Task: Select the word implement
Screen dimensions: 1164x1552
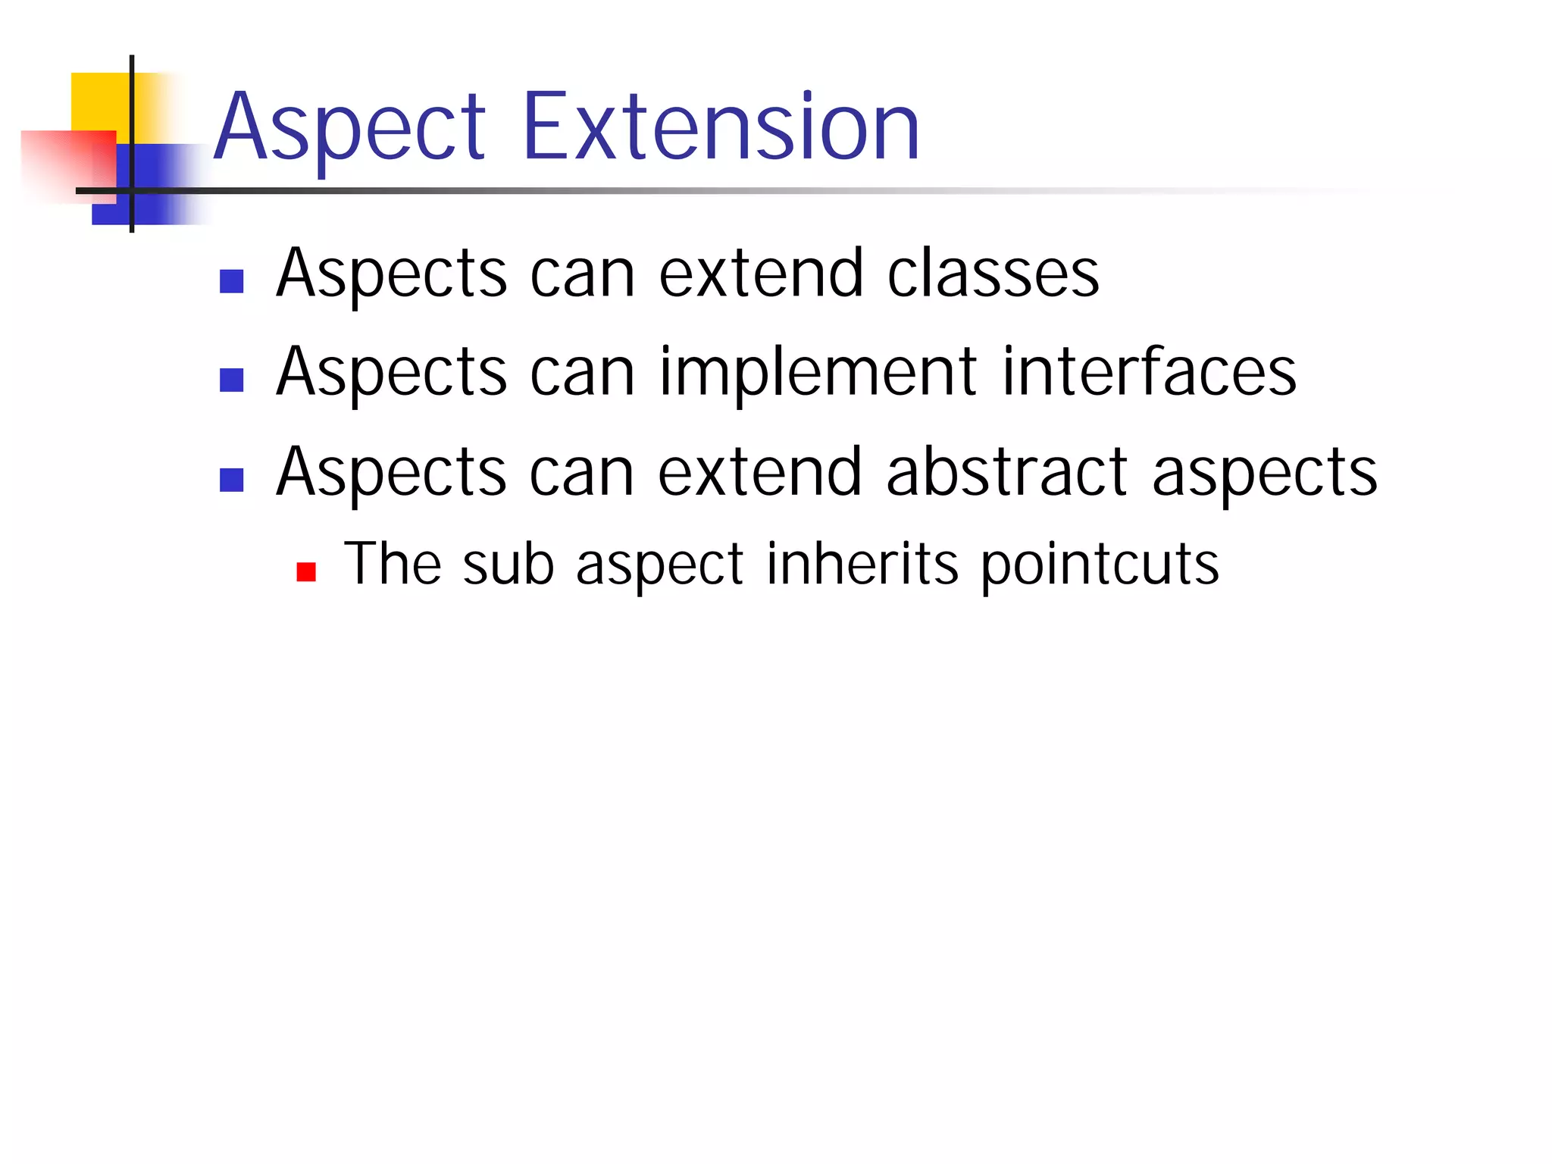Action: pyautogui.click(x=818, y=372)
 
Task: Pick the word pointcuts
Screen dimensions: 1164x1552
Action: pyautogui.click(x=1100, y=565)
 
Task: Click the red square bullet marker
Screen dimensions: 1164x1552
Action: pyautogui.click(x=306, y=571)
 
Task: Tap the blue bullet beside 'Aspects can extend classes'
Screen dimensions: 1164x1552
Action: pyautogui.click(x=231, y=281)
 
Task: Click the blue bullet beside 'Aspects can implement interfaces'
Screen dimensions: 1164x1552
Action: pyautogui.click(x=231, y=380)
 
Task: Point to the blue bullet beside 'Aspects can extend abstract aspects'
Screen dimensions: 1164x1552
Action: pyautogui.click(x=231, y=480)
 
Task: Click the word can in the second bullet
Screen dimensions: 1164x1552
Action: pyautogui.click(x=582, y=372)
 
